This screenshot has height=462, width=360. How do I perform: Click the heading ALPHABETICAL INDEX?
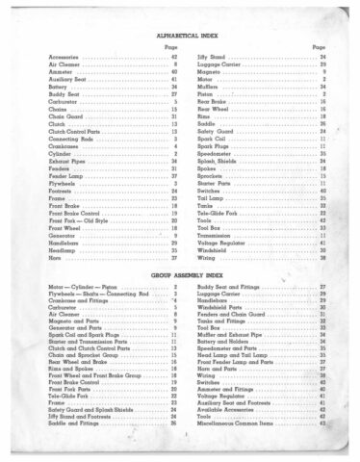pyautogui.click(x=179, y=35)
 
